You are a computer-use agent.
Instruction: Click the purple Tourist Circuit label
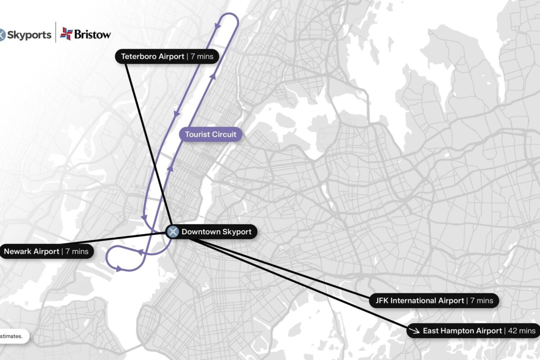point(211,134)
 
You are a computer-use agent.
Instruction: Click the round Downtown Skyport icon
point(172,232)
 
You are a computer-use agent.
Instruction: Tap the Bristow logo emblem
point(66,33)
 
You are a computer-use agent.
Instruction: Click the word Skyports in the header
point(29,35)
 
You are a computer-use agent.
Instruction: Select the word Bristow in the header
point(92,34)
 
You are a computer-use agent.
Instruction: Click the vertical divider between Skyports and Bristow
point(55,32)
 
